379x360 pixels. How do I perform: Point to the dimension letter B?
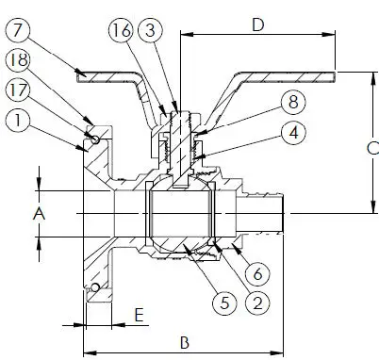point(187,340)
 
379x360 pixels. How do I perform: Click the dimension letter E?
point(138,315)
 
